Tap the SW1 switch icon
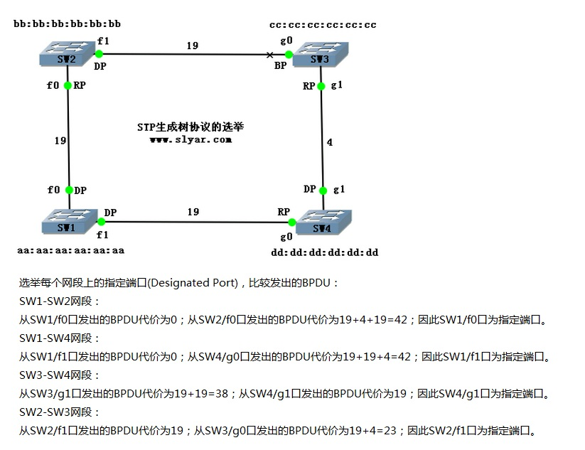pyautogui.click(x=68, y=223)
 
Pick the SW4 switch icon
pyautogui.click(x=323, y=223)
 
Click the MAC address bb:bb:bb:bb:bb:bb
pyautogui.click(x=67, y=24)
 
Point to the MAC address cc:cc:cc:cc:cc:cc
pyautogui.click(x=323, y=25)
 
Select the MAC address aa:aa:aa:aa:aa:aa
pyautogui.click(x=70, y=250)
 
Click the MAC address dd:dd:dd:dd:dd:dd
pyautogui.click(x=326, y=252)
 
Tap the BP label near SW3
pyautogui.click(x=281, y=65)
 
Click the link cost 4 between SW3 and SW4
pyautogui.click(x=330, y=143)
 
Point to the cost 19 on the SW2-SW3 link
pyautogui.click(x=193, y=45)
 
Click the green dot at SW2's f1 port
pyautogui.click(x=100, y=53)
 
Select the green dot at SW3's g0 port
pyautogui.click(x=288, y=53)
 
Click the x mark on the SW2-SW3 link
pyautogui.click(x=269, y=54)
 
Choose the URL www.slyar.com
pyautogui.click(x=190, y=139)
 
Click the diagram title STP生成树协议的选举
pyautogui.click(x=190, y=127)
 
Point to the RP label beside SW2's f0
pyautogui.click(x=80, y=85)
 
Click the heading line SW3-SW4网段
pyautogui.click(x=60, y=375)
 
